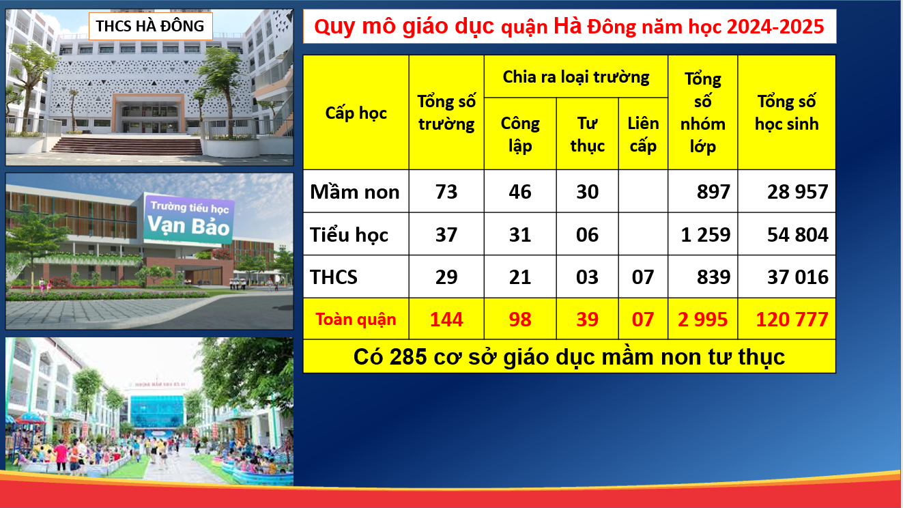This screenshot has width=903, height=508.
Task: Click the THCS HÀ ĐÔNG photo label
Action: click(x=150, y=26)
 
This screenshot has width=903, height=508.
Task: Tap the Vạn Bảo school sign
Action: click(x=188, y=219)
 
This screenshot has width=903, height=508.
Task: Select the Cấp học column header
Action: click(x=356, y=113)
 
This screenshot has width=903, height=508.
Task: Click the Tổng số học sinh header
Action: click(x=786, y=113)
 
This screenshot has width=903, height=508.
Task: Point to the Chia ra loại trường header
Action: click(x=575, y=76)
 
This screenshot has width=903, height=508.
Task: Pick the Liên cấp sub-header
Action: click(x=643, y=135)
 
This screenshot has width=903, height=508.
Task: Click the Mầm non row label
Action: click(x=355, y=191)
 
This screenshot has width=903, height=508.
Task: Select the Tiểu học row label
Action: click(x=349, y=235)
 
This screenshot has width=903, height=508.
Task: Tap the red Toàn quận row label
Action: click(x=356, y=320)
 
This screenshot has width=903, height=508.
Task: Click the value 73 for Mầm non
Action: click(x=446, y=191)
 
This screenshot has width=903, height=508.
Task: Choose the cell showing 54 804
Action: click(x=797, y=235)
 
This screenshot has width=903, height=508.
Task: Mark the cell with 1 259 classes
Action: click(x=706, y=235)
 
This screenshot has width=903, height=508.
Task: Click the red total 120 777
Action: click(x=792, y=320)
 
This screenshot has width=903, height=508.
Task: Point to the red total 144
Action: click(x=446, y=320)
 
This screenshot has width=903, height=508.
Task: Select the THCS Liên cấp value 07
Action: click(x=643, y=277)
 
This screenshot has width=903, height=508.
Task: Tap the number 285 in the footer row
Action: click(x=408, y=356)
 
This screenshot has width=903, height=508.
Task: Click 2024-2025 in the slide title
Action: click(x=775, y=27)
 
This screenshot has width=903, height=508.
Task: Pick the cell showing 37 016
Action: click(x=797, y=277)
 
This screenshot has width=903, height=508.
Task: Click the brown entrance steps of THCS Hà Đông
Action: click(x=127, y=145)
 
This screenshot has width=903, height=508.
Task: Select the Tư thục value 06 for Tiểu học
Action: click(x=587, y=235)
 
